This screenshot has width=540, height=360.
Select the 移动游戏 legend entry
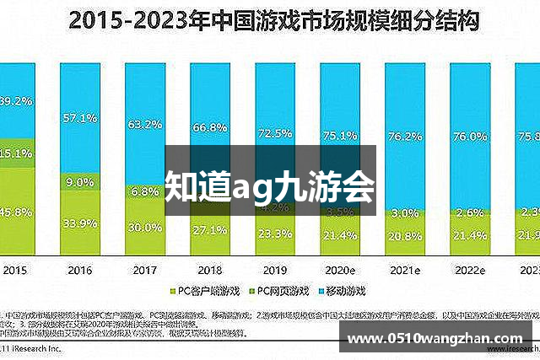[x=345, y=289]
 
